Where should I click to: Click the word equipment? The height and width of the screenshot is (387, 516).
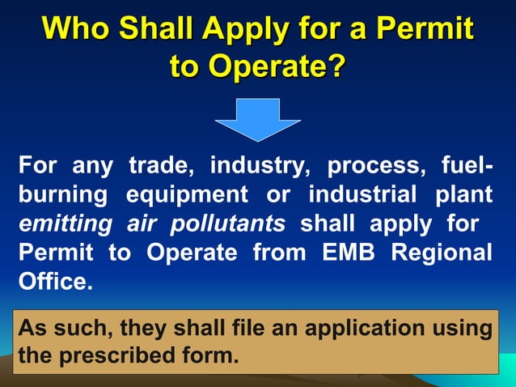(187, 196)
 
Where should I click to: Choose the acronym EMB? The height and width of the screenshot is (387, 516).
(351, 252)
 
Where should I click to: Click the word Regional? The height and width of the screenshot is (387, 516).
(442, 252)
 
